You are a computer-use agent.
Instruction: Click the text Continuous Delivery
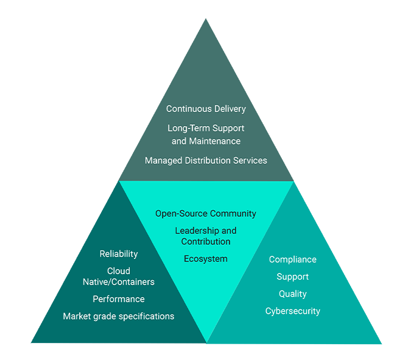(x=206, y=109)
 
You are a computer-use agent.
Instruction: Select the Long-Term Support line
(x=206, y=129)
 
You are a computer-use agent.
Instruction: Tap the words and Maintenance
(x=206, y=141)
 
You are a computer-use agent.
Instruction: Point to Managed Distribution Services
(x=206, y=161)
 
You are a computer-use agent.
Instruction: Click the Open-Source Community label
(x=206, y=214)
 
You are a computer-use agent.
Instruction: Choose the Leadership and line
(x=206, y=231)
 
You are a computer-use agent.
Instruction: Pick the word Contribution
(x=206, y=242)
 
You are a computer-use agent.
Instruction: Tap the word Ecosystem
(x=206, y=259)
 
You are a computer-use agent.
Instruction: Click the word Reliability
(x=119, y=254)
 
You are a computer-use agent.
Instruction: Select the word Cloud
(x=119, y=271)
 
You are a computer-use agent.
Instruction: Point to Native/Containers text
(x=119, y=282)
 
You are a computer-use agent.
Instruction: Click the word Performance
(x=119, y=299)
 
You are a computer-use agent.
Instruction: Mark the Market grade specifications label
(x=119, y=316)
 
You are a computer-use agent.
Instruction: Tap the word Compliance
(x=293, y=259)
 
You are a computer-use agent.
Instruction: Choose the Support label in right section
(x=293, y=277)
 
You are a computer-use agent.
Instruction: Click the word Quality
(x=293, y=294)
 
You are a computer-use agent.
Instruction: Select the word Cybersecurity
(x=293, y=311)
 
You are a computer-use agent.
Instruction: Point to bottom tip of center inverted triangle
(x=206, y=341)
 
